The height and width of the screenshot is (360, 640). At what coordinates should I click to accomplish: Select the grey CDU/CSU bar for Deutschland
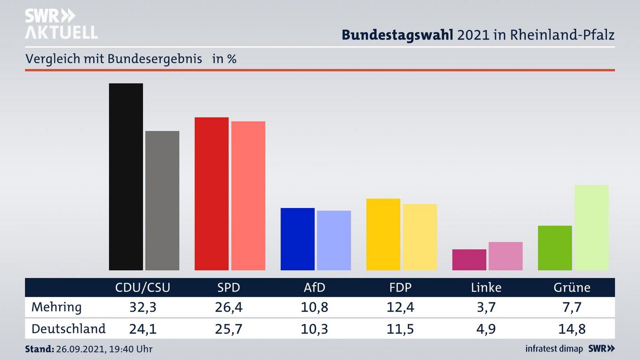pyautogui.click(x=162, y=200)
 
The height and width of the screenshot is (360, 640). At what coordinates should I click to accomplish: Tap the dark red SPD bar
pyautogui.click(x=212, y=194)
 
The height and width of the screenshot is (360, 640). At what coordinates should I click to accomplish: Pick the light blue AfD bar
pyautogui.click(x=334, y=240)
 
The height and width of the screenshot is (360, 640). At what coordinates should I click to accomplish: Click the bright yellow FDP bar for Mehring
pyautogui.click(x=383, y=234)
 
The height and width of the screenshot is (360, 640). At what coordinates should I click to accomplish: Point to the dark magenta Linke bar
pyautogui.click(x=469, y=260)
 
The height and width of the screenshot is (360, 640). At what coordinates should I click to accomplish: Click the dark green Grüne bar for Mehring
pyautogui.click(x=555, y=248)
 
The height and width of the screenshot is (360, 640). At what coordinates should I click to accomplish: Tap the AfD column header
pyautogui.click(x=314, y=288)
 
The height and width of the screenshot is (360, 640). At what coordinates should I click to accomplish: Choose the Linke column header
pyautogui.click(x=486, y=288)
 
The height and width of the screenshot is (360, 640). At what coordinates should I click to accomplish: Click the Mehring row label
pyautogui.click(x=56, y=307)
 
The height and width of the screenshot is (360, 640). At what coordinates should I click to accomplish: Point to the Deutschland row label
pyautogui.click(x=68, y=329)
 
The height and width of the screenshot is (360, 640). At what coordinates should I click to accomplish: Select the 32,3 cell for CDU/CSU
pyautogui.click(x=143, y=307)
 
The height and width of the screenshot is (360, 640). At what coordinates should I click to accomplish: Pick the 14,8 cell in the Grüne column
pyautogui.click(x=572, y=329)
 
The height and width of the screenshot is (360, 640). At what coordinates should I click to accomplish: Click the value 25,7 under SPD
pyautogui.click(x=228, y=329)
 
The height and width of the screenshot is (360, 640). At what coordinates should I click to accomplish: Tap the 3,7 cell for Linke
pyautogui.click(x=486, y=307)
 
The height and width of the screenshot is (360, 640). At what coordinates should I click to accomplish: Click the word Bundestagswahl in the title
pyautogui.click(x=397, y=35)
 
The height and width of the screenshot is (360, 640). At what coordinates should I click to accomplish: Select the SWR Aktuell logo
pyautogui.click(x=61, y=24)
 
